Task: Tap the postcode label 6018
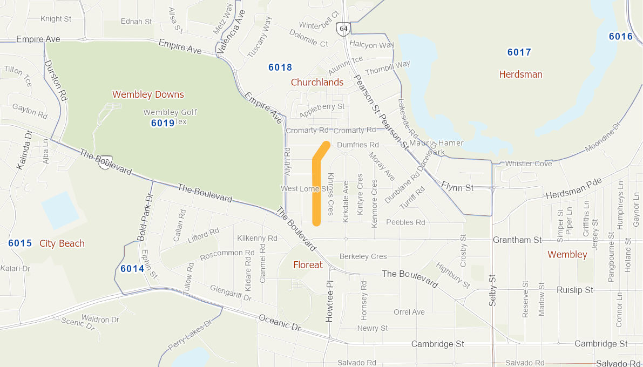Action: pos(280,67)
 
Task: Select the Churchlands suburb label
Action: pos(317,82)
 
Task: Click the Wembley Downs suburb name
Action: pos(148,94)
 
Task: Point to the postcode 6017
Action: pos(519,52)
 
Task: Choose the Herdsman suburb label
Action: pos(520,74)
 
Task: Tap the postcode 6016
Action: pos(620,36)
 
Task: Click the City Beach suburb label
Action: pos(62,243)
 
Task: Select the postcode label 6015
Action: pos(20,243)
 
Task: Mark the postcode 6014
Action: pos(132,268)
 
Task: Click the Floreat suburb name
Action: pos(308,264)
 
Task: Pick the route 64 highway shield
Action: pos(342,29)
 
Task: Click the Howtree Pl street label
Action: pos(329,302)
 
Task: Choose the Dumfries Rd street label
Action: pos(358,145)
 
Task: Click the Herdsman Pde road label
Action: pos(573,190)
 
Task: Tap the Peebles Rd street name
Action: pos(406,222)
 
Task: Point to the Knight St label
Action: pos(56,19)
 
